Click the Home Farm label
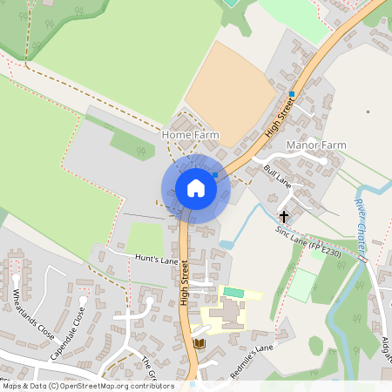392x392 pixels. coord(190,136)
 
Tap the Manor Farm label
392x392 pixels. coord(315,145)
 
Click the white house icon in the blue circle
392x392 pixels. coord(195,188)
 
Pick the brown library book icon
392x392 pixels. coord(199,344)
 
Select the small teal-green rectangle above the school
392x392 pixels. coord(233,292)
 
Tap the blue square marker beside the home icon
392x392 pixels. coord(215,175)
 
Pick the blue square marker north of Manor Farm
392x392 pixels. coord(291,94)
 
